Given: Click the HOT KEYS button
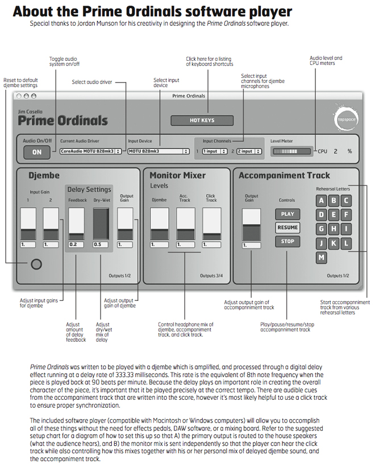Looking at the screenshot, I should pyautogui.click(x=202, y=121).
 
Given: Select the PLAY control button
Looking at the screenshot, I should pyautogui.click(x=287, y=214).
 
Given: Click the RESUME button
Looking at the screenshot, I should pyautogui.click(x=287, y=227).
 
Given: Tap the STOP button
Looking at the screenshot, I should pyautogui.click(x=287, y=241).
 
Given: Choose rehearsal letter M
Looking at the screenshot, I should pyautogui.click(x=322, y=257).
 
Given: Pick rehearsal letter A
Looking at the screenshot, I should pyautogui.click(x=322, y=200).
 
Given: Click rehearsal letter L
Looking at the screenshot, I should pyautogui.click(x=345, y=243).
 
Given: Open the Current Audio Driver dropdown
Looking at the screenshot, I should pyautogui.click(x=90, y=151).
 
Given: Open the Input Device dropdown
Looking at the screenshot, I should pyautogui.click(x=158, y=151).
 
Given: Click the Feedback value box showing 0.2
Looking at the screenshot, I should pyautogui.click(x=76, y=245).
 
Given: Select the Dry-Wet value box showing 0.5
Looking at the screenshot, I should pyautogui.click(x=100, y=245).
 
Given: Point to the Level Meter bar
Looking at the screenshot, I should pyautogui.click(x=292, y=151).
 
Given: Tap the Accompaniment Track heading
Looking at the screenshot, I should pyautogui.click(x=284, y=175).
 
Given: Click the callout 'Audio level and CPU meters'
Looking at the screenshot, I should pyautogui.click(x=326, y=61).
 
